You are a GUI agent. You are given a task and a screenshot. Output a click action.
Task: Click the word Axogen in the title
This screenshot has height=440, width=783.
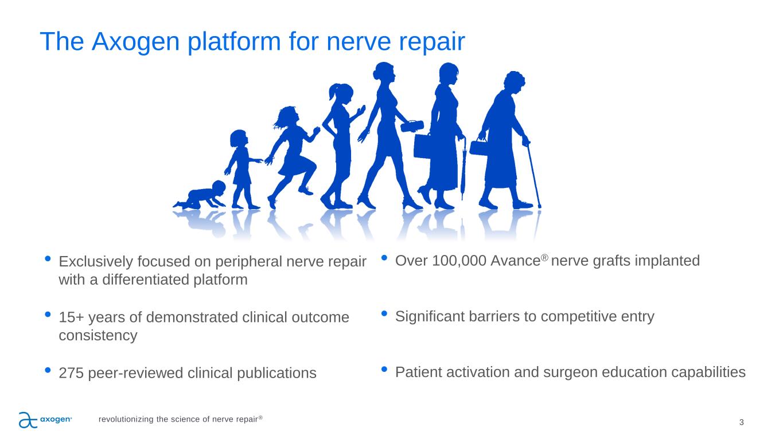coord(135,42)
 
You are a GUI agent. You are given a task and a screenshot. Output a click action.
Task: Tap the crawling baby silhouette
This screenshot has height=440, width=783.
coord(200,195)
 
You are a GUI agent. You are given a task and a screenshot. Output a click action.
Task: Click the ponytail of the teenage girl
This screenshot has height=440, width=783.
coord(333,92)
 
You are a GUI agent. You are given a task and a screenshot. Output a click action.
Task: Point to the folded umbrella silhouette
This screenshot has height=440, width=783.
coord(463,168)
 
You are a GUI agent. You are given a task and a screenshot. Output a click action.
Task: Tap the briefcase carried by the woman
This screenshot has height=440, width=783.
coord(423,146)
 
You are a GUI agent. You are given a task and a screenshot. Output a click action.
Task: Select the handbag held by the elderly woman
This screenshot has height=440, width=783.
coord(478,147)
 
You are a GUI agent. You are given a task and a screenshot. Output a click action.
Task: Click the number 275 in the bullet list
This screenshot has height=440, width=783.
coord(71,373)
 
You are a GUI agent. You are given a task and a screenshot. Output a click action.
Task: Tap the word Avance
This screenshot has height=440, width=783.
coord(515,261)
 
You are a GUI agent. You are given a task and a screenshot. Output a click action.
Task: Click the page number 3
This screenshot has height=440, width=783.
coord(741,422)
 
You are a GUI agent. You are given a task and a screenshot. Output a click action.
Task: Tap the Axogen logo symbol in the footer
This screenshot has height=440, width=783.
coord(28,420)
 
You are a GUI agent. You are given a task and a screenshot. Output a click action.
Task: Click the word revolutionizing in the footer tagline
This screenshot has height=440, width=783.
coord(126,419)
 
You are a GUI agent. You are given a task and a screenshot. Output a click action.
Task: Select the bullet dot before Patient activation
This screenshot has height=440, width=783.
coord(384,369)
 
